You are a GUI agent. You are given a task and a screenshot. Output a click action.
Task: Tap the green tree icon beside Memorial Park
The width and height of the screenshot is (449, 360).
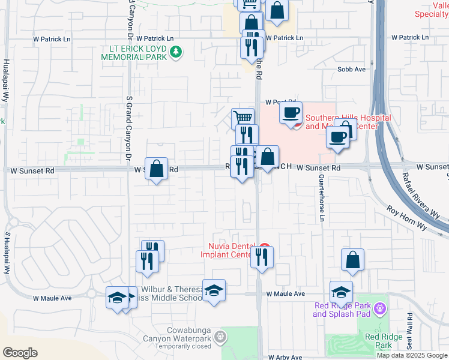click(x=176, y=52)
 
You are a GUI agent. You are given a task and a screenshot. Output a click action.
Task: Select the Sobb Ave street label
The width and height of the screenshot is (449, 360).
click(x=351, y=70)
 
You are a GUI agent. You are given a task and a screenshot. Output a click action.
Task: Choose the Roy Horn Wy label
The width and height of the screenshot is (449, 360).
click(x=405, y=218)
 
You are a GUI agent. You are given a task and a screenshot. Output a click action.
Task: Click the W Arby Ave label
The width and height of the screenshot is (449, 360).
click(x=286, y=357)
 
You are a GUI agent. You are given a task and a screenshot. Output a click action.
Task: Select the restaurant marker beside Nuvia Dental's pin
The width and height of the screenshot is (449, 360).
click(x=262, y=257)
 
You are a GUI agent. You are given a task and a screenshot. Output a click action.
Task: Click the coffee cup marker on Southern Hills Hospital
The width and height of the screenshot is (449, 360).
click(x=291, y=112)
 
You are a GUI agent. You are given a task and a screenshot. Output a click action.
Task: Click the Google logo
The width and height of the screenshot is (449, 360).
click(x=20, y=353)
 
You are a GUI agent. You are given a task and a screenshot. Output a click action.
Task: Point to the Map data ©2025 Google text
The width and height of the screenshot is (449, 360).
click(x=411, y=356)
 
